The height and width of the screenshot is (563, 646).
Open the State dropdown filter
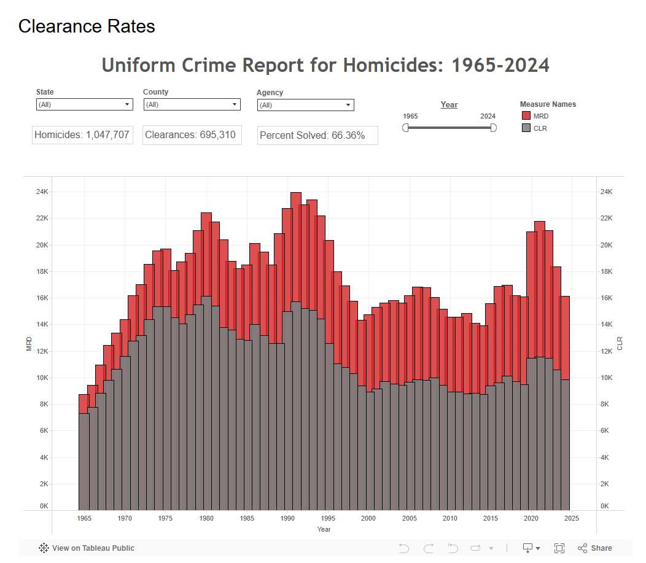click(x=85, y=104)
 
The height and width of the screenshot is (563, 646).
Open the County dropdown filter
click(x=192, y=104)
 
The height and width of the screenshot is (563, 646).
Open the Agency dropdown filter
click(x=306, y=105)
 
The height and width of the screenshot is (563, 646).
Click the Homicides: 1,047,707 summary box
click(x=82, y=135)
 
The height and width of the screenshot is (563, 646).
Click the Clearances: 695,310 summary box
click(x=192, y=135)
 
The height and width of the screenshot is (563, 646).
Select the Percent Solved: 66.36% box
click(x=317, y=136)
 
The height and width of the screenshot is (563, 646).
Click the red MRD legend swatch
click(x=526, y=115)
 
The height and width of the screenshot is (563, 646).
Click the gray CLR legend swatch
click(x=526, y=128)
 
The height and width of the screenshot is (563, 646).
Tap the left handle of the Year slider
click(x=405, y=128)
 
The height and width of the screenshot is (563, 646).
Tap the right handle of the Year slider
click(x=494, y=128)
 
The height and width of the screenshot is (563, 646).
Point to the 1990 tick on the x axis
click(x=287, y=518)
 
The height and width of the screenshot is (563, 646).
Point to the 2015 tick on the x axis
click(x=490, y=518)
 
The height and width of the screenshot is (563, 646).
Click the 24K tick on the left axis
click(x=42, y=192)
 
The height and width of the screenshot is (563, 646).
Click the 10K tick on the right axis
click(x=607, y=378)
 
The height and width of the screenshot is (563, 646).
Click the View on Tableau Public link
click(x=87, y=548)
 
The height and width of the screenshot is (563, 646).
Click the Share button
click(x=595, y=548)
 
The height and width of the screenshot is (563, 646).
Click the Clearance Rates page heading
click(x=87, y=26)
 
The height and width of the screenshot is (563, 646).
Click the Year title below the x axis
click(x=324, y=529)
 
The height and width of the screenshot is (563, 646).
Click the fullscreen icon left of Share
click(x=559, y=548)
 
